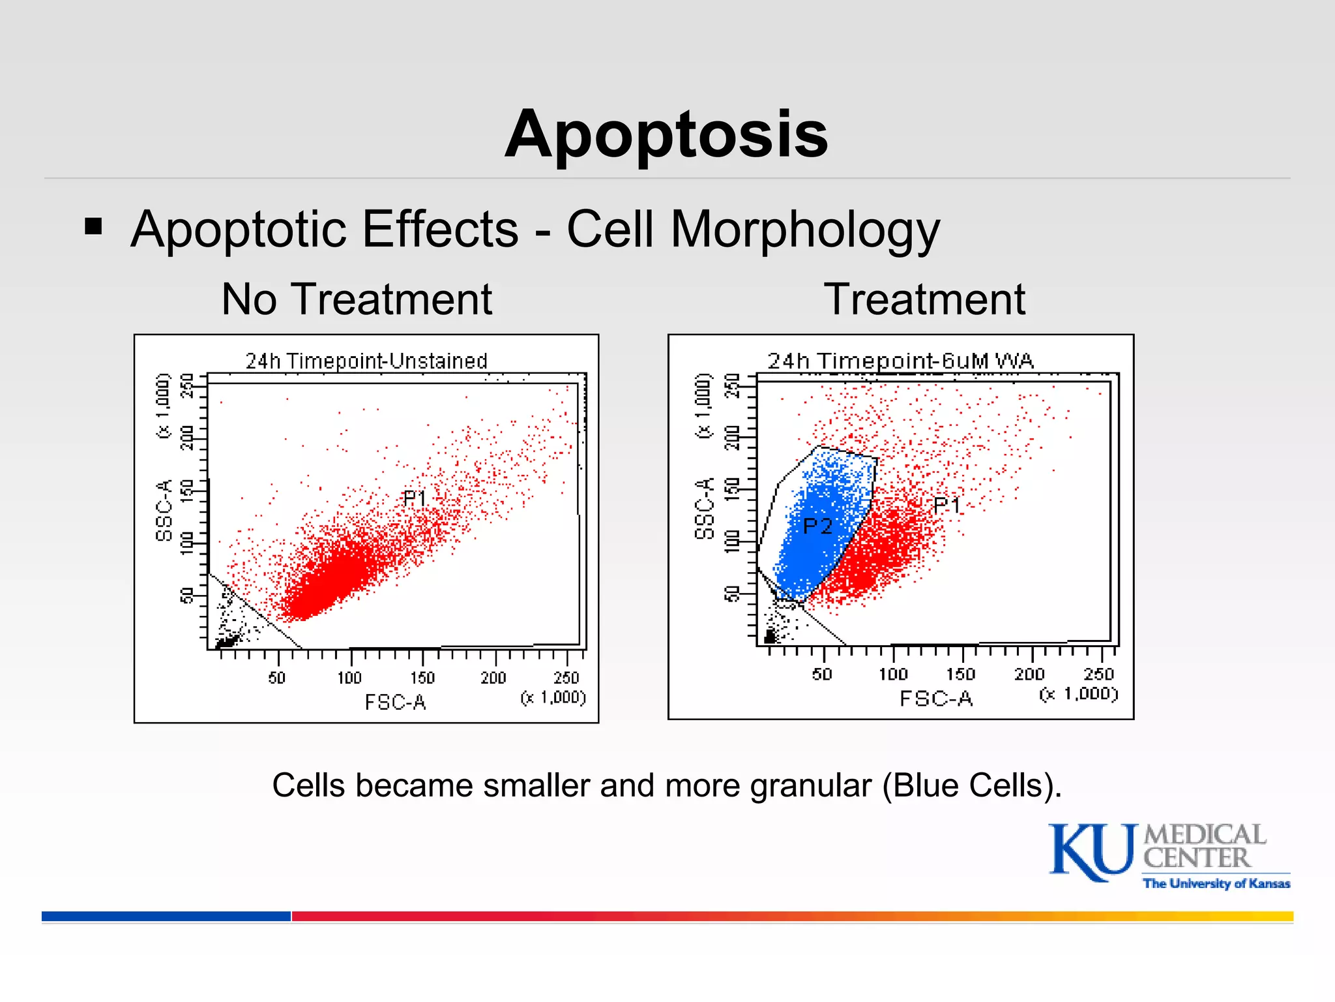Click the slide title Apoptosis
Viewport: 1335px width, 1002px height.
(x=666, y=134)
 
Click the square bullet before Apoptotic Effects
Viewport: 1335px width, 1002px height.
(x=94, y=226)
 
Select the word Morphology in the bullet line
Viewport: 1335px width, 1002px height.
(x=805, y=230)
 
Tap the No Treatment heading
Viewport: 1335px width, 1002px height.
(x=357, y=299)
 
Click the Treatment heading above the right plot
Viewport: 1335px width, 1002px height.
(x=924, y=299)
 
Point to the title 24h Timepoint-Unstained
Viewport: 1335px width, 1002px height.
(x=366, y=361)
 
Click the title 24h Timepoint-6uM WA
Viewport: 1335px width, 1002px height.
(x=900, y=361)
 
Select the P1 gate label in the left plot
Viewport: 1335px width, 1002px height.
(x=415, y=499)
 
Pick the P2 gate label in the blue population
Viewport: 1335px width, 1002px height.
(x=817, y=526)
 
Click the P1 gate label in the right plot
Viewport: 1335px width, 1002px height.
(x=946, y=505)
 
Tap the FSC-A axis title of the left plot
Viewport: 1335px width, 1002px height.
(x=395, y=703)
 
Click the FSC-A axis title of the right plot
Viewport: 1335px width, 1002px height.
(x=936, y=699)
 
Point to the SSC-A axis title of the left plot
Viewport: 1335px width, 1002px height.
(x=164, y=510)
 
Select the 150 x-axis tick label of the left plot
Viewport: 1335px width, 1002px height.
(x=422, y=678)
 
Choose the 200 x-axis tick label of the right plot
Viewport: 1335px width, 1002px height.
(x=1029, y=675)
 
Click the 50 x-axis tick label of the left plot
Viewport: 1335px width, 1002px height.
(x=277, y=678)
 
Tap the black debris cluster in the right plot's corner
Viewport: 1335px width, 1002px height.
(x=771, y=635)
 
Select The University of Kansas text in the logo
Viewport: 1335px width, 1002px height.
(x=1216, y=884)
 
